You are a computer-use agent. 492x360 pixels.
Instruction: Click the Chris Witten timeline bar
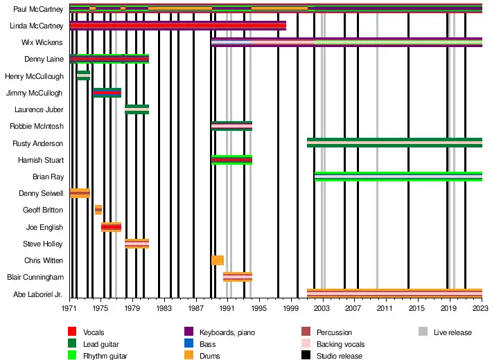217,260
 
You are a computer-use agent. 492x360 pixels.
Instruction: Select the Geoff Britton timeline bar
98,210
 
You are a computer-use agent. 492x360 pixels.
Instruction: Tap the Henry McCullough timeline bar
83,75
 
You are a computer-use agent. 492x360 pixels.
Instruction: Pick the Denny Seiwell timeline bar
80,193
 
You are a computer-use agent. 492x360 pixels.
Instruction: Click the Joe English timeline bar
111,227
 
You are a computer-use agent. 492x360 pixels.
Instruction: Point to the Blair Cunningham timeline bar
237,277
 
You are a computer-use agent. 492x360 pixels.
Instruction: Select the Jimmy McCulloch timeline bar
107,93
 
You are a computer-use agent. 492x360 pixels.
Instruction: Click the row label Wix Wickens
43,42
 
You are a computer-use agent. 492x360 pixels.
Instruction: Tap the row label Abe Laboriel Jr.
39,294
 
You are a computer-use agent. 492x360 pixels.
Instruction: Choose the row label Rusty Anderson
38,143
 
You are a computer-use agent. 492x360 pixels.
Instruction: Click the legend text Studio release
339,356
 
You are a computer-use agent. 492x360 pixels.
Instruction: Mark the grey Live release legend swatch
423,333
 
